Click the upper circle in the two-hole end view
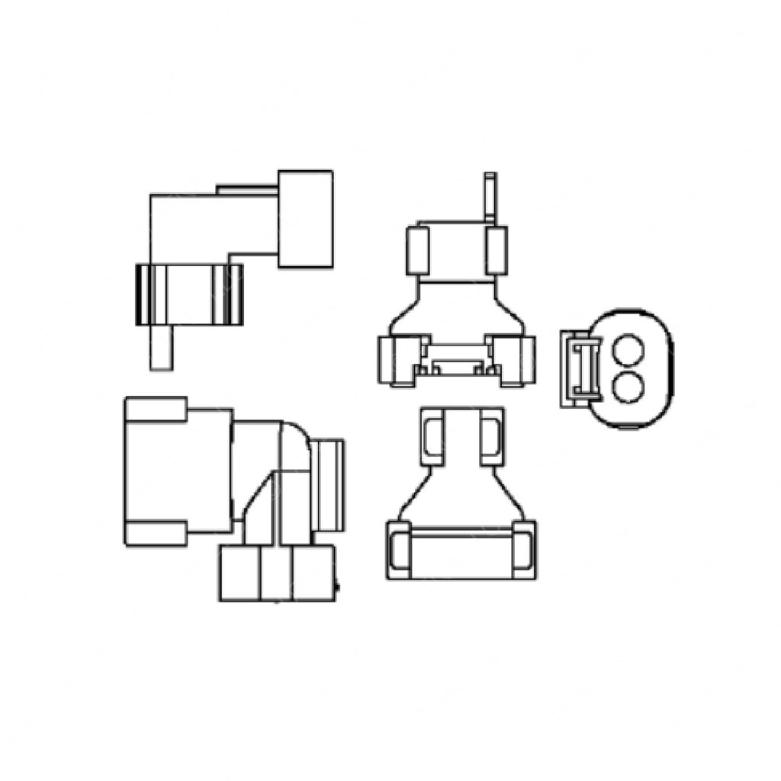pos(628,352)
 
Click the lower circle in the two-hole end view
pos(628,387)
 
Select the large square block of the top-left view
pos(305,219)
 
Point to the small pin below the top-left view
pos(161,348)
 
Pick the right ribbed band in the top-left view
pos(231,294)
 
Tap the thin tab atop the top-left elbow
pos(246,188)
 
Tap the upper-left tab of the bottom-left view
pos(156,409)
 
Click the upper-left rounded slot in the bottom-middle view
pos(433,436)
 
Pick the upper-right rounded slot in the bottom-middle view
pos(491,436)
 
